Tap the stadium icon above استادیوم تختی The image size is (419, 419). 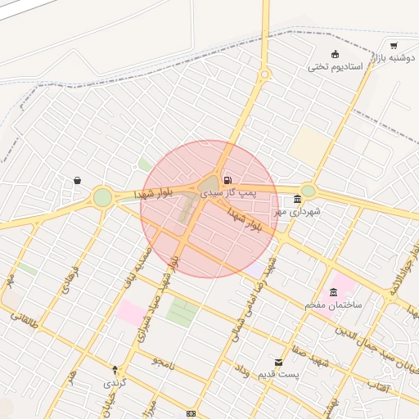click(x=335, y=54)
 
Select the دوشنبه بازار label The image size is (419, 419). click(x=390, y=58)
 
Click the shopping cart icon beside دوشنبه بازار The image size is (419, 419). click(x=394, y=45)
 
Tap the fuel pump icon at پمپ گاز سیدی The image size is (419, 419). click(x=227, y=180)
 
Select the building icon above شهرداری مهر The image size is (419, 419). click(x=296, y=199)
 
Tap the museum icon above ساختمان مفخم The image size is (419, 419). click(x=333, y=292)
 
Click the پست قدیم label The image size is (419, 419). click(x=279, y=374)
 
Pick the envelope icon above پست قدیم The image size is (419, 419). click(x=279, y=362)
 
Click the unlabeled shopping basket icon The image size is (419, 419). click(x=77, y=180)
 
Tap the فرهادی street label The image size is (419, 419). click(x=72, y=280)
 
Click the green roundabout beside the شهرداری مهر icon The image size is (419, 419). click(x=308, y=191)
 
